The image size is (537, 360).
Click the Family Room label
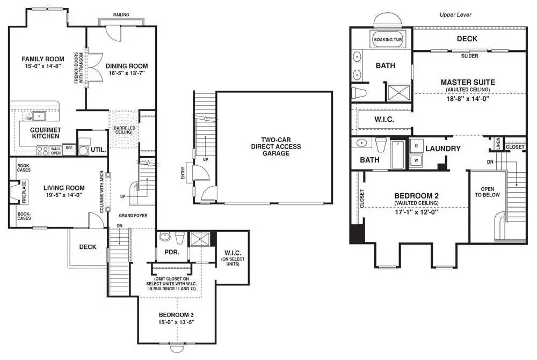43,59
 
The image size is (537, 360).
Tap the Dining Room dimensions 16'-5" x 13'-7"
127,73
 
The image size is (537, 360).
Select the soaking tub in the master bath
388,39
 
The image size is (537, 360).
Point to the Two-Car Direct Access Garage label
276,146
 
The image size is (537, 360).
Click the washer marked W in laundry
416,160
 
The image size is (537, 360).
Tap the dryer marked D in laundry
416,146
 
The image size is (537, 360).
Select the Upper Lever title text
455,14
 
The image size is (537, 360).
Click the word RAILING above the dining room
121,14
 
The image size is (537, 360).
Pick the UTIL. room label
98,150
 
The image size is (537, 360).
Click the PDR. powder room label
172,252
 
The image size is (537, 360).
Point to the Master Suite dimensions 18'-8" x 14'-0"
468,99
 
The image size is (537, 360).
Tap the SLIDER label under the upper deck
469,56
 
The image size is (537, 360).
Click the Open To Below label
488,192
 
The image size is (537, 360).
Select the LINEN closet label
498,143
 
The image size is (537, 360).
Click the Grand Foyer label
133,216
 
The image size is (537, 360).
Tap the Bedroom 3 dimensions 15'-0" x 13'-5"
176,322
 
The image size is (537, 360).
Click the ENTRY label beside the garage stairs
183,173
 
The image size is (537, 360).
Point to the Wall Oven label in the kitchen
56,151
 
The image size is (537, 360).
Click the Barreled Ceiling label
124,130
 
